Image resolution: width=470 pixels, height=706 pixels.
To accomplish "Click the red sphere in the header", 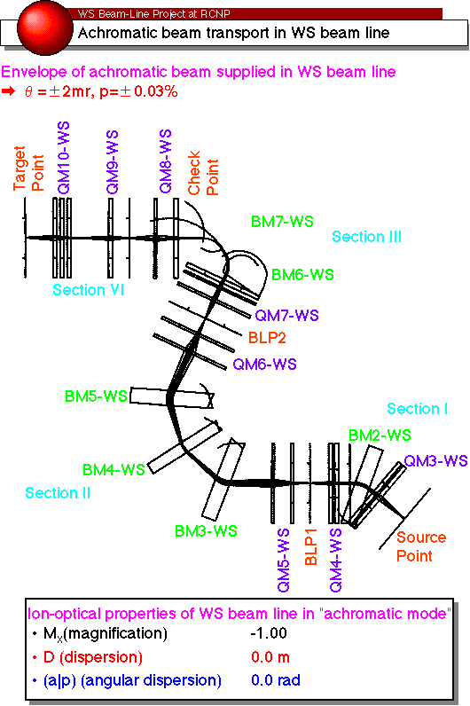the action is pos(45,27).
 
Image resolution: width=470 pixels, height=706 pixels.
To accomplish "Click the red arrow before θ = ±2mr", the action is pos(8,91).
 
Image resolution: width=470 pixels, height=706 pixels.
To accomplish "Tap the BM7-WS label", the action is pos(282,222).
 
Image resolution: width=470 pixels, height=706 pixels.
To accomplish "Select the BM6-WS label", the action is pos(302,275).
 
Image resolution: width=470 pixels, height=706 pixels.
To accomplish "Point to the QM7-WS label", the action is pos(286,315).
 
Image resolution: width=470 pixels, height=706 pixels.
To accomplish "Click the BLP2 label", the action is pos(268,338).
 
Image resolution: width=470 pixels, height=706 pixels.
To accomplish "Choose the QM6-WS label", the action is pos(265,364).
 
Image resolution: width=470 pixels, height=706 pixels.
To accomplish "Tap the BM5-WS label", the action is pos(96,396).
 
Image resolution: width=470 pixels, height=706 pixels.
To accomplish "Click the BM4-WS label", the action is pos(114,470).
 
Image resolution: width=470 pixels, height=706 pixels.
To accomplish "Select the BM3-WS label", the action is pos(206,531).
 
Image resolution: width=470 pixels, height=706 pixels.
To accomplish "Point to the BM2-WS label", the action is pos(380,435).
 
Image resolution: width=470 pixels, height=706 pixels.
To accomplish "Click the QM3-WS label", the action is pos(435,461).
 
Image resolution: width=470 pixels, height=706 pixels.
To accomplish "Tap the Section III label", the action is pos(366,237).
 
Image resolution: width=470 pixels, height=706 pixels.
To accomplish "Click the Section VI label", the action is pos(89,290).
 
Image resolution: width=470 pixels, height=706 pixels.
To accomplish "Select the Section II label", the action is pos(58,493).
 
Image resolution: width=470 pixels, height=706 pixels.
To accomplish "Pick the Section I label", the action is pos(418,409).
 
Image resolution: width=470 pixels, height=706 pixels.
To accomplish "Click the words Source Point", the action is pos(421,546).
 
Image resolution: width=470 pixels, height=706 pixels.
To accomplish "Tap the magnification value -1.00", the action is pos(269,633).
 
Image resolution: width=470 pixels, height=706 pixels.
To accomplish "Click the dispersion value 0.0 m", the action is pos(270,657).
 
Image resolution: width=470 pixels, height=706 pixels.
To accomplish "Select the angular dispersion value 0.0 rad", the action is pos(276,680).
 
